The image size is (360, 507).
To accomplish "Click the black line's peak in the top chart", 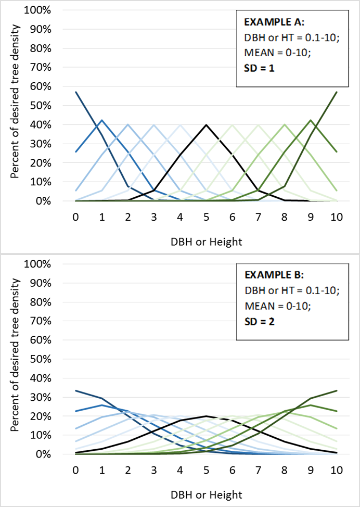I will (x=206, y=125).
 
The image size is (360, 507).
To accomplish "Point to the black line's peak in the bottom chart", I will (x=206, y=416).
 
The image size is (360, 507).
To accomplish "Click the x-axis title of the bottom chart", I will (x=206, y=494).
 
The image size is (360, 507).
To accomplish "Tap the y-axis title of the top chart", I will (x=15, y=106).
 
